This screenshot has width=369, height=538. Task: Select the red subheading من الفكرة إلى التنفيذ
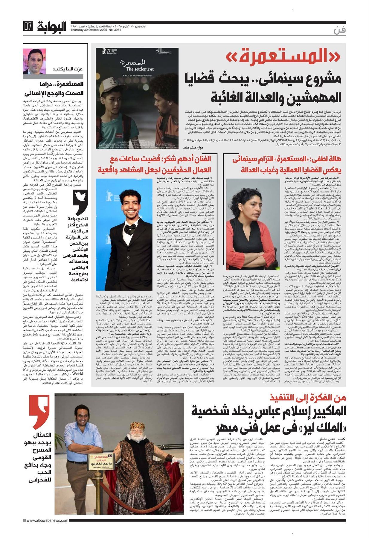(308, 397)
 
